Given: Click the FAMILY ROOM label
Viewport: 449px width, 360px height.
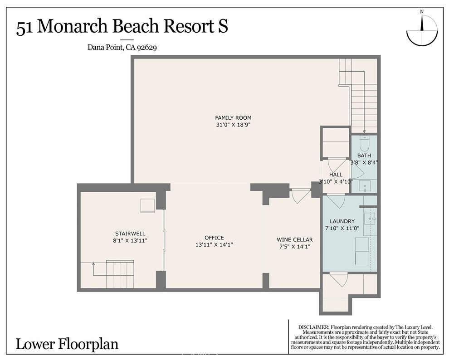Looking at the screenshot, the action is pyautogui.click(x=233, y=117).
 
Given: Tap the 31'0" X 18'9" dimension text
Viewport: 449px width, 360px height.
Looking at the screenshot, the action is pyautogui.click(x=234, y=125).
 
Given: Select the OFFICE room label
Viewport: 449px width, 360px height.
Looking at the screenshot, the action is pyautogui.click(x=214, y=238).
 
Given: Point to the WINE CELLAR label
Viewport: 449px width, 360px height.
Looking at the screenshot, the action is pyautogui.click(x=295, y=239).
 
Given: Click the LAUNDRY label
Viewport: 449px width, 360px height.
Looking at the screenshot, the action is pyautogui.click(x=342, y=221).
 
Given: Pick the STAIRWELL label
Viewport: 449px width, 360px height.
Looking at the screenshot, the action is pyautogui.click(x=130, y=234).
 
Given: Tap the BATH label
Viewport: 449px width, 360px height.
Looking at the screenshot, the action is pyautogui.click(x=364, y=156).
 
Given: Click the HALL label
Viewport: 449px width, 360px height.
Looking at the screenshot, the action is pyautogui.click(x=336, y=175).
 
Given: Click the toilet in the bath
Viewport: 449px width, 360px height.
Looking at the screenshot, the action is pyautogui.click(x=364, y=143).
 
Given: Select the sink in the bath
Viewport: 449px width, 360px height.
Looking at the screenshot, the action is pyautogui.click(x=365, y=186).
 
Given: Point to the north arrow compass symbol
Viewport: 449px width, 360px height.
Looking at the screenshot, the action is pyautogui.click(x=422, y=31).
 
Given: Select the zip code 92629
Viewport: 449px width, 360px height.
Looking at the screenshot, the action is pyautogui.click(x=147, y=48).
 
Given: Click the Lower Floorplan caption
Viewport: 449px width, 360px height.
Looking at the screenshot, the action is pyautogui.click(x=67, y=344).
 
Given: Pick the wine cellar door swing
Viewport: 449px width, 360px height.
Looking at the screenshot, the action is pyautogui.click(x=299, y=196).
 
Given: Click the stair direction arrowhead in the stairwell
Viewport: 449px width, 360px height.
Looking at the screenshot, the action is pyautogui.click(x=93, y=264).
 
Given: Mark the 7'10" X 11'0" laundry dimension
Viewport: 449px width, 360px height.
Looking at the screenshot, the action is pyautogui.click(x=342, y=229).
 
